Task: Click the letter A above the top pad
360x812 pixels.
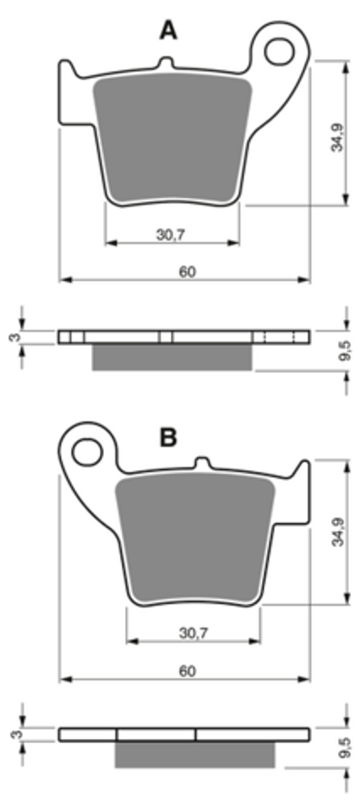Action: [x=169, y=30]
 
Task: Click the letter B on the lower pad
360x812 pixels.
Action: [x=169, y=438]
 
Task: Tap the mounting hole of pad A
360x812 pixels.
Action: [x=279, y=51]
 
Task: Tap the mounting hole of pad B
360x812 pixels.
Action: [x=87, y=452]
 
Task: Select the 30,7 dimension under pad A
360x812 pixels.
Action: [x=171, y=235]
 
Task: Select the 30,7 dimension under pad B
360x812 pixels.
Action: [x=193, y=633]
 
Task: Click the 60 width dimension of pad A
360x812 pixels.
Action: [x=187, y=272]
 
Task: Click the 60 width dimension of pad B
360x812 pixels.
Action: [x=187, y=670]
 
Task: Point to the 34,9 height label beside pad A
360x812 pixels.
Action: [x=337, y=137]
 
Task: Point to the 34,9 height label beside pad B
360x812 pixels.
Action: [x=338, y=531]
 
